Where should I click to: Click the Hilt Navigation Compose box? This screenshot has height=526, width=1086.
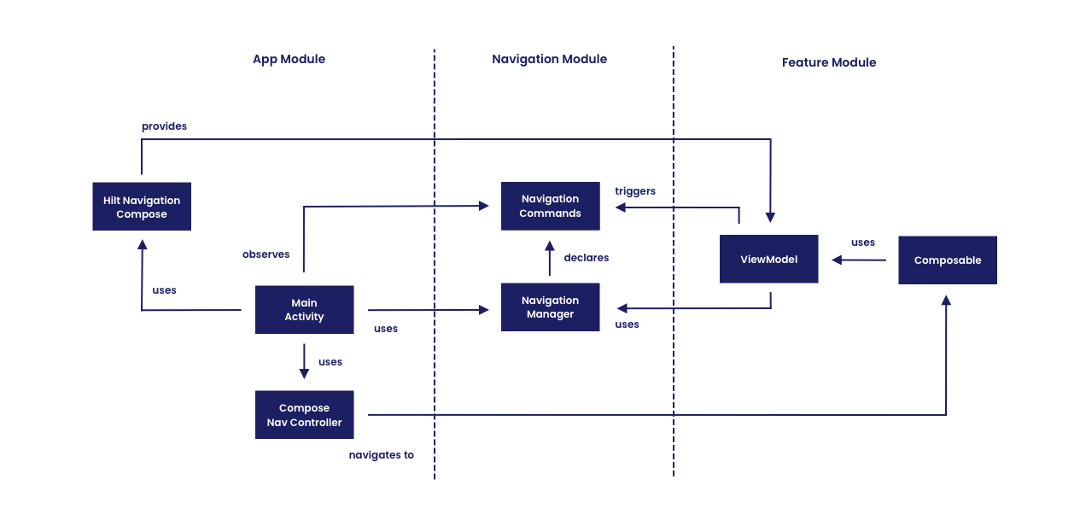tap(142, 207)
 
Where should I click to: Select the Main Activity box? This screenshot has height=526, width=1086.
tap(304, 310)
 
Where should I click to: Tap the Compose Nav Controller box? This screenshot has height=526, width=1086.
tap(304, 415)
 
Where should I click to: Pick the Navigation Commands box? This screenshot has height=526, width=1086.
tap(550, 206)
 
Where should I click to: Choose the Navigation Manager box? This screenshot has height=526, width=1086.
tap(550, 307)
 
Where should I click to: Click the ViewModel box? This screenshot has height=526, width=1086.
tap(768, 259)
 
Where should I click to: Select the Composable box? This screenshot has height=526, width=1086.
tap(947, 260)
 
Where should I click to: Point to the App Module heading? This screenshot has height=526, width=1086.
tap(289, 59)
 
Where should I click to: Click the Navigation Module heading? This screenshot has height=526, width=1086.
tap(549, 59)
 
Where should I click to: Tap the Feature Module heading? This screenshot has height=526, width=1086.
tap(828, 62)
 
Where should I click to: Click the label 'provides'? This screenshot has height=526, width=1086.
tap(164, 126)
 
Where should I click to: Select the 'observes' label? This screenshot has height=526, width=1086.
tap(266, 254)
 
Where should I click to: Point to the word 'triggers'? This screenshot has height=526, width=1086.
tap(635, 191)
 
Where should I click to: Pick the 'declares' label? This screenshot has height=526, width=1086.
tap(586, 258)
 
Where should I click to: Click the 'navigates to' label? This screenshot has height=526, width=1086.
tap(381, 455)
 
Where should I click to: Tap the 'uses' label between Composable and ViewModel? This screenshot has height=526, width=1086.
tap(862, 243)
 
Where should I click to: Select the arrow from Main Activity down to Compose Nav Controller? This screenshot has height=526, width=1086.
tap(304, 362)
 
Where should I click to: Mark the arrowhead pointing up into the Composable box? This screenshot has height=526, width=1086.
tap(946, 301)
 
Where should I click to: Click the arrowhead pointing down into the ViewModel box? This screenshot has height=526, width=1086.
tap(770, 218)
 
